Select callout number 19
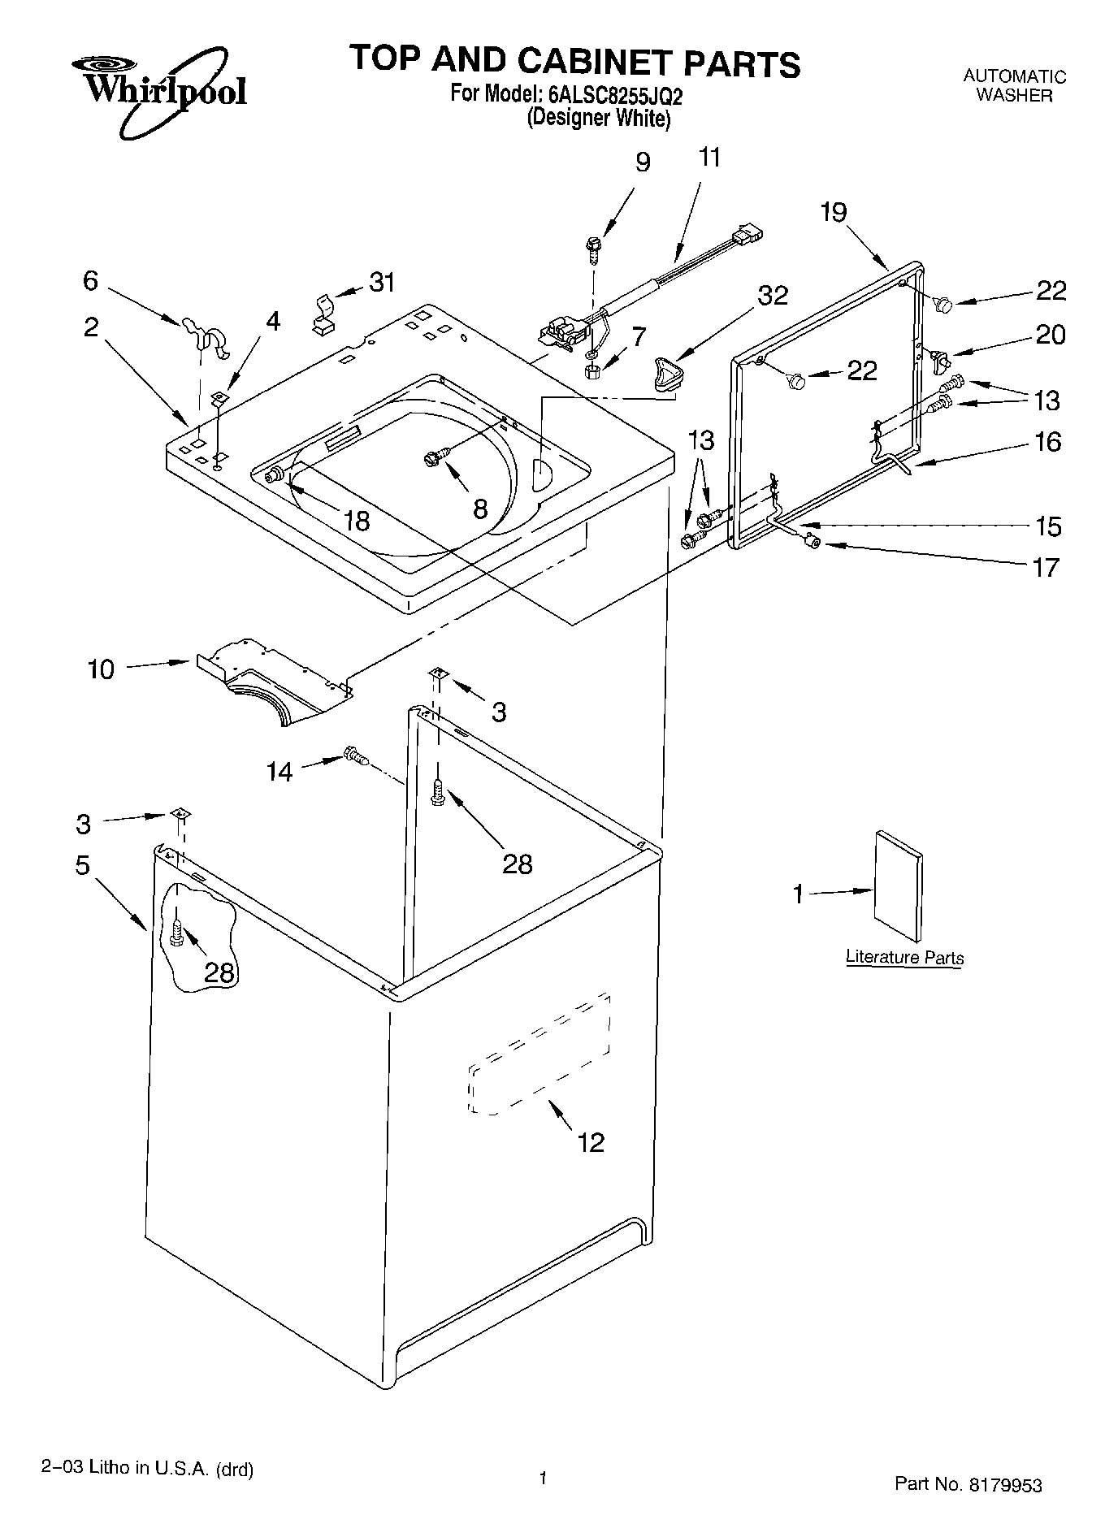[834, 212]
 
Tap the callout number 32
[773, 296]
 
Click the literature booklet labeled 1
[899, 888]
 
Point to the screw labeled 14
[355, 756]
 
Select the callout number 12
[591, 1142]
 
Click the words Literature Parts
[904, 957]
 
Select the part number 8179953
[1003, 1484]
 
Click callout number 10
[101, 670]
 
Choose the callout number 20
[1050, 335]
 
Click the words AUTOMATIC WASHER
[1014, 86]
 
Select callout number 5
[83, 865]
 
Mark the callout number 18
[356, 520]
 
